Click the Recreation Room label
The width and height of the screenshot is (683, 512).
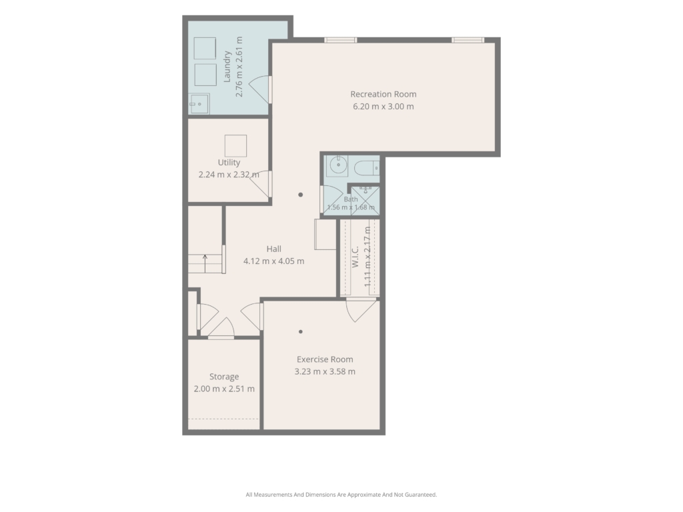pyautogui.click(x=384, y=94)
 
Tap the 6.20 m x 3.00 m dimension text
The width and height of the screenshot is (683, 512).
pyautogui.click(x=384, y=106)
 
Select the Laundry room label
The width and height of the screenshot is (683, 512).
pyautogui.click(x=227, y=67)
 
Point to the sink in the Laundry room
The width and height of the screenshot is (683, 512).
pyautogui.click(x=199, y=104)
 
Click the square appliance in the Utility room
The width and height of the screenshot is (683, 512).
pyautogui.click(x=235, y=145)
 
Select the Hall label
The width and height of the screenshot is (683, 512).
pyautogui.click(x=273, y=249)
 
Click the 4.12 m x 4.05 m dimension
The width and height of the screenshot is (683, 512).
pyautogui.click(x=273, y=261)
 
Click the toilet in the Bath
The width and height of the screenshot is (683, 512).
pyautogui.click(x=367, y=167)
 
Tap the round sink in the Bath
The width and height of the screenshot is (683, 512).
pyautogui.click(x=337, y=165)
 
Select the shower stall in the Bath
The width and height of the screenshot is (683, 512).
pyautogui.click(x=366, y=200)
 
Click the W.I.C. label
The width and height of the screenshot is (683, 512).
pyautogui.click(x=355, y=257)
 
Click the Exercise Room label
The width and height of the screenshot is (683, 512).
pyautogui.click(x=325, y=359)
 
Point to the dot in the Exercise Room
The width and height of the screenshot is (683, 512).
pyautogui.click(x=301, y=332)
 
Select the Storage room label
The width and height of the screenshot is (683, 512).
pyautogui.click(x=224, y=377)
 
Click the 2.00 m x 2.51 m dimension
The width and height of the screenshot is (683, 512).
pyautogui.click(x=224, y=389)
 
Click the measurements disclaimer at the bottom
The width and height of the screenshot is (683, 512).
pyautogui.click(x=341, y=495)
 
